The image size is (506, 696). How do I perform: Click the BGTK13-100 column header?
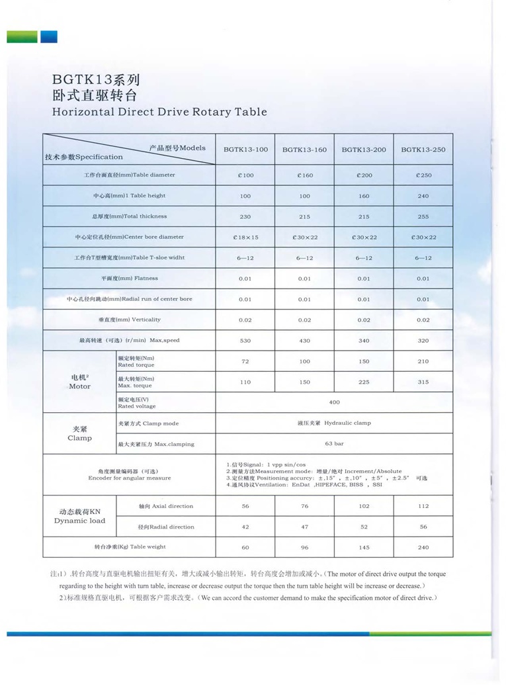(x=245, y=150)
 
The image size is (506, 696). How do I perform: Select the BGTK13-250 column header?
(x=423, y=150)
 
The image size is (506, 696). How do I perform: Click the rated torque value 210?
(x=423, y=361)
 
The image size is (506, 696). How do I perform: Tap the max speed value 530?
(x=245, y=341)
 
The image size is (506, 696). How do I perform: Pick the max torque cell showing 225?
(x=364, y=382)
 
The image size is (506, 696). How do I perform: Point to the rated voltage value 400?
(x=334, y=402)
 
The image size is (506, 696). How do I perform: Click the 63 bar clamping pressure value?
(x=334, y=444)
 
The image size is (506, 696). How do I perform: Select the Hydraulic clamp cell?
(x=334, y=423)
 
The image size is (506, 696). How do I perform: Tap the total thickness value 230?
(x=245, y=216)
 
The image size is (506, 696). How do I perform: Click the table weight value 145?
(x=364, y=547)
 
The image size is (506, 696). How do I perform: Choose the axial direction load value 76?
(x=304, y=506)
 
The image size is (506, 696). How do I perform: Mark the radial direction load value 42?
(x=245, y=527)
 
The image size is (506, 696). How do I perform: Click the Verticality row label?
(x=130, y=320)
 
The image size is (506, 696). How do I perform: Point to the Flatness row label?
(x=130, y=279)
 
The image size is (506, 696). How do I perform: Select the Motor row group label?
(x=79, y=382)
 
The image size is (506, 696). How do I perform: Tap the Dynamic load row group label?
(x=79, y=517)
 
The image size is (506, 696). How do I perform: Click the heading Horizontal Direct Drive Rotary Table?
(x=159, y=112)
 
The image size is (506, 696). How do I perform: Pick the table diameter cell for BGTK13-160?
(x=304, y=175)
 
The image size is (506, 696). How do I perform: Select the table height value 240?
(x=423, y=196)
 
